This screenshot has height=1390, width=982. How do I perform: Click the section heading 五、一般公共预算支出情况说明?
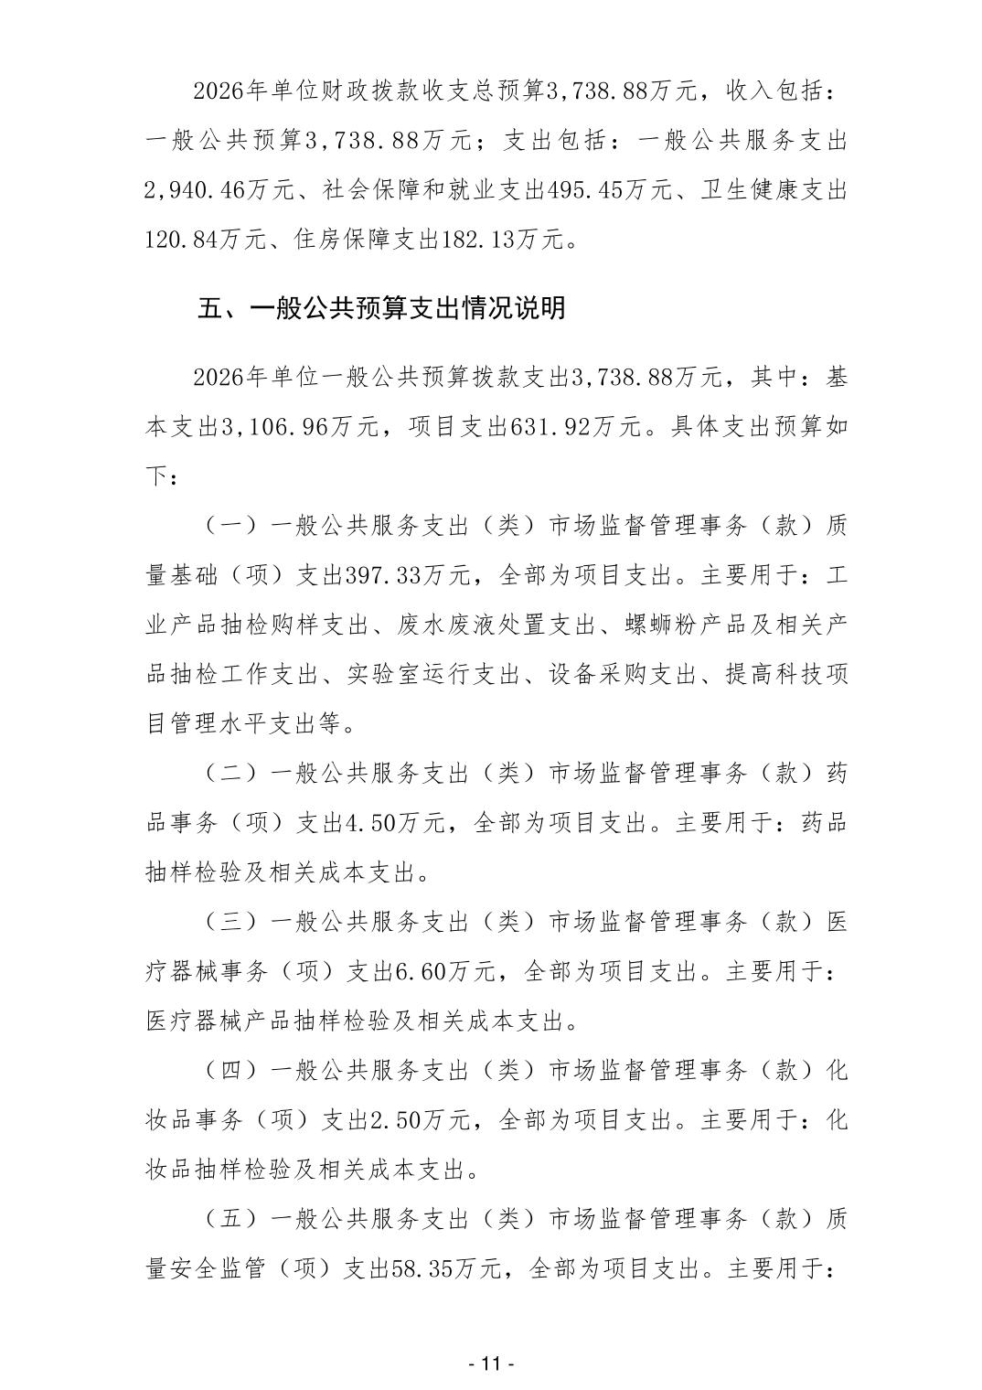click(x=382, y=307)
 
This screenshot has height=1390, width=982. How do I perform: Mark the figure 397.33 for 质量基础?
click(x=384, y=575)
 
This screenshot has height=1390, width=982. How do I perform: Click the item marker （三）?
click(x=225, y=921)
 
